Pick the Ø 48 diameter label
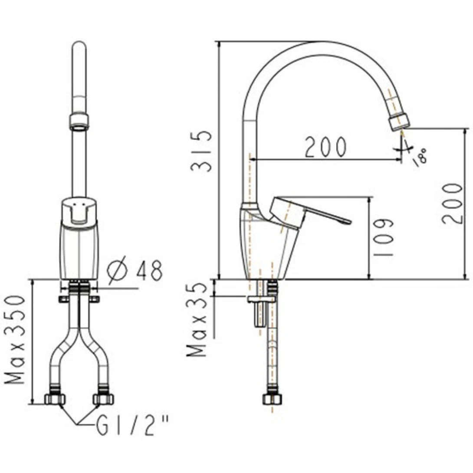(135, 271)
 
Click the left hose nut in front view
(55, 399)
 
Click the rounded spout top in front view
(79, 46)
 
